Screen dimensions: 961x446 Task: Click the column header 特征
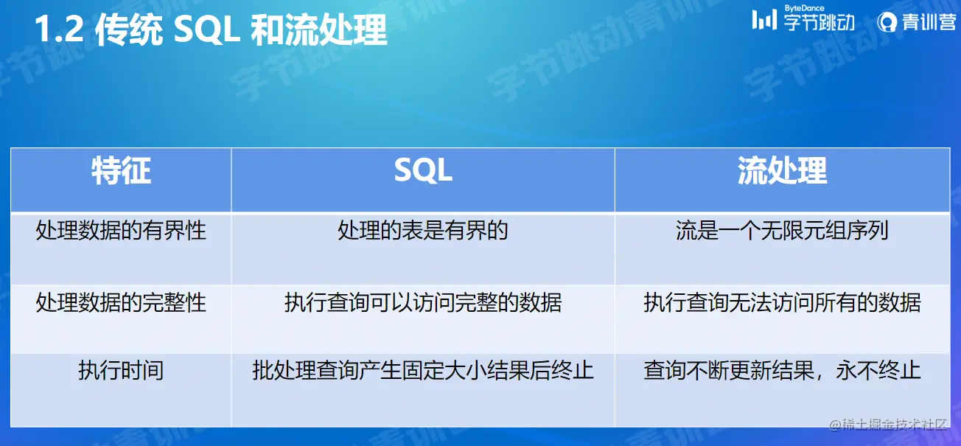pyautogui.click(x=121, y=171)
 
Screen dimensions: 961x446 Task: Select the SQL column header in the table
pyautogui.click(x=423, y=170)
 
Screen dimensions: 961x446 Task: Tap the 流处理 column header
pyautogui.click(x=782, y=171)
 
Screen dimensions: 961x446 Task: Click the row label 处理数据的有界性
pyautogui.click(x=121, y=231)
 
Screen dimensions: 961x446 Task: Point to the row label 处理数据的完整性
pyautogui.click(x=121, y=303)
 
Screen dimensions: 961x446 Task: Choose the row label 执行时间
pyautogui.click(x=121, y=371)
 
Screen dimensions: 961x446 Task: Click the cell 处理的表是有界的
pyautogui.click(x=423, y=231)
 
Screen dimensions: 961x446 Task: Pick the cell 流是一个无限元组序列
pyautogui.click(x=782, y=231)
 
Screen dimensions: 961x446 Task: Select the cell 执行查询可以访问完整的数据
pyautogui.click(x=423, y=303)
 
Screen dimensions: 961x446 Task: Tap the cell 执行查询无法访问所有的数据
pyautogui.click(x=782, y=303)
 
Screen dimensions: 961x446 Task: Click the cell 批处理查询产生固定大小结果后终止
pyautogui.click(x=423, y=371)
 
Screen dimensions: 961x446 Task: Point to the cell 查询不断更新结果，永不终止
pyautogui.click(x=782, y=371)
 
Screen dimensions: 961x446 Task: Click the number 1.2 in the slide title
pyautogui.click(x=59, y=29)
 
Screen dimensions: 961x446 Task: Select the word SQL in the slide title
pyautogui.click(x=206, y=30)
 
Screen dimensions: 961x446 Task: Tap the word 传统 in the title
pyautogui.click(x=129, y=29)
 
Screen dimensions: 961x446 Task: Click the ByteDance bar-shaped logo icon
pyautogui.click(x=764, y=20)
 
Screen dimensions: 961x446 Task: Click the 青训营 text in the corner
pyautogui.click(x=929, y=22)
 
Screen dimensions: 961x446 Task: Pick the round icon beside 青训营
pyautogui.click(x=887, y=22)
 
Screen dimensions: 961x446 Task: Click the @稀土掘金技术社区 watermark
pyautogui.click(x=887, y=425)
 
